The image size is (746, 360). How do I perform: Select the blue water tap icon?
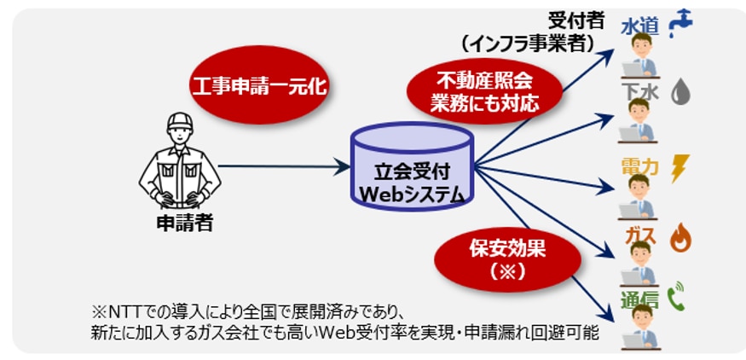click(x=681, y=23)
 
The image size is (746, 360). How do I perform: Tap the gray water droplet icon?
click(x=679, y=91)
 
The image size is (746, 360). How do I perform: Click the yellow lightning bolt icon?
click(x=680, y=166)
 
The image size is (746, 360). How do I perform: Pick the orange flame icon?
click(x=680, y=237)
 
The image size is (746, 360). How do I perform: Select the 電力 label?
click(x=641, y=166)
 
